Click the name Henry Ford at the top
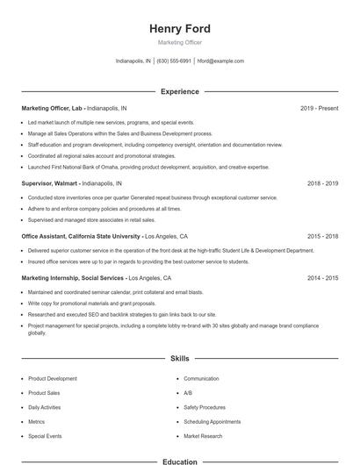(179, 29)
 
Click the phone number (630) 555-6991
(174, 61)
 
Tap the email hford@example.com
(220, 61)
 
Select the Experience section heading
(179, 91)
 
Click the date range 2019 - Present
(319, 108)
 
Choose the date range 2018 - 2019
(322, 183)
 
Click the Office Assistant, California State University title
(81, 236)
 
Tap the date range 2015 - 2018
(322, 236)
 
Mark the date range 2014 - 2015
(322, 277)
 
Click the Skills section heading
(179, 359)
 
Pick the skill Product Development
(53, 379)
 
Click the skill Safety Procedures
(205, 407)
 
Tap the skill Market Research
(203, 436)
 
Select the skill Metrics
(36, 422)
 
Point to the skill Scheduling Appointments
(212, 422)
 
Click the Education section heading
(179, 460)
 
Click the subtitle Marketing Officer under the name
(179, 42)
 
